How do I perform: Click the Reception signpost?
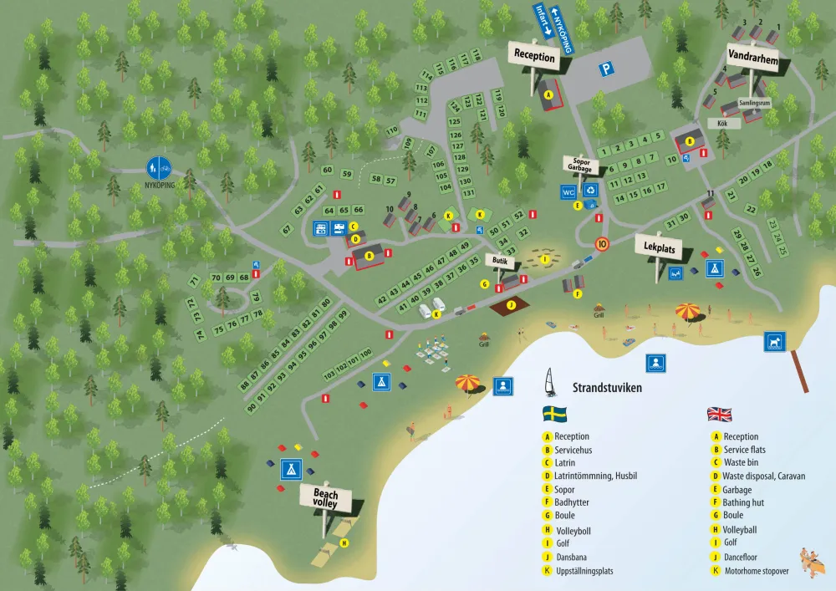(x=534, y=57)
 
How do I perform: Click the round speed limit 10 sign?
(x=601, y=245)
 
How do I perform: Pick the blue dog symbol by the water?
(x=773, y=341)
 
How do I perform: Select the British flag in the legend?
(x=718, y=413)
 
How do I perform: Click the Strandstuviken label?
(x=606, y=388)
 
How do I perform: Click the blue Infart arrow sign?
(x=543, y=18)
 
